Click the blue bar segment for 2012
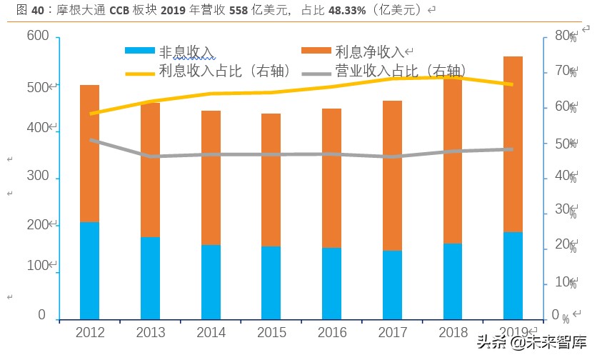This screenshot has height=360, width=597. click(x=89, y=270)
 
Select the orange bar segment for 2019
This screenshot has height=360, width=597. click(x=513, y=143)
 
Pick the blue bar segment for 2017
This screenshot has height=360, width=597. click(x=392, y=284)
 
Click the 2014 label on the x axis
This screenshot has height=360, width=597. click(x=211, y=333)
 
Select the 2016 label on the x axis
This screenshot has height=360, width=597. click(x=331, y=333)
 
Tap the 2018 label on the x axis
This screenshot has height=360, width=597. click(x=453, y=333)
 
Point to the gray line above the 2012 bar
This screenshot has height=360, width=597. click(x=89, y=140)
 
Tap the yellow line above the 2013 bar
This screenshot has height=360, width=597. click(x=150, y=101)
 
